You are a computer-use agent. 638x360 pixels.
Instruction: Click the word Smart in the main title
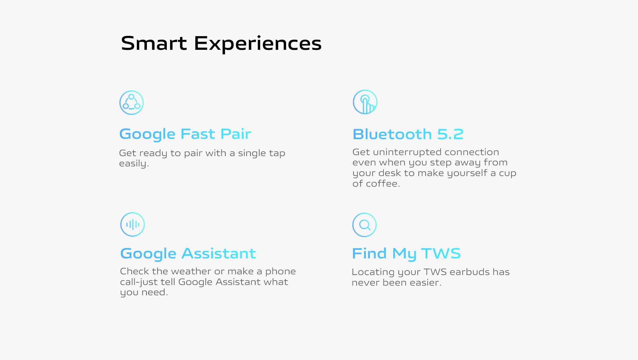coord(154,43)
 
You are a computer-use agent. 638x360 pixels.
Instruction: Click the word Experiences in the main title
coord(258,44)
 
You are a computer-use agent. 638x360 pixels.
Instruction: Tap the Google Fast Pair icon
coord(132,103)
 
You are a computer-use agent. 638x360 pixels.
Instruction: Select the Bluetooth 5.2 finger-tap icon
coord(365,102)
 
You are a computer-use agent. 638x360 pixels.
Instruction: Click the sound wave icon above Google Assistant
coord(133,225)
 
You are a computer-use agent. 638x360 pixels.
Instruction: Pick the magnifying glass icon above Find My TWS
coord(365,225)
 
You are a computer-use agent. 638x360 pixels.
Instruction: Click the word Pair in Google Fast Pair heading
coord(236,134)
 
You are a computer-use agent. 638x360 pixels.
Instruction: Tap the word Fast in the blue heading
coord(198,134)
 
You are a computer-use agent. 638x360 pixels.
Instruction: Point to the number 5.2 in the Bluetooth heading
coord(450,134)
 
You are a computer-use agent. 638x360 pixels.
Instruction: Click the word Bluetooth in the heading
coord(392,134)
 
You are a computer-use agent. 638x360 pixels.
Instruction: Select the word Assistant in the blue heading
coord(219,253)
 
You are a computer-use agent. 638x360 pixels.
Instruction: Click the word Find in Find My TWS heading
coord(369,253)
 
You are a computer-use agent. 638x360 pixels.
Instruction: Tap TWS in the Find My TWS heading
coord(441,253)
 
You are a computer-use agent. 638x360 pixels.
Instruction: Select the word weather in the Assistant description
coord(191,271)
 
